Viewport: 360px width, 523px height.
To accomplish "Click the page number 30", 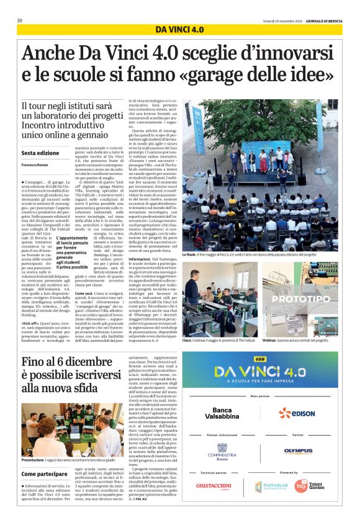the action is (x=20, y=21).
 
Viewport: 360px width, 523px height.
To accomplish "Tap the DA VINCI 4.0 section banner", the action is (x=179, y=29).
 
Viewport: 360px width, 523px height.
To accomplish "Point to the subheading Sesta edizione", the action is (x=40, y=153).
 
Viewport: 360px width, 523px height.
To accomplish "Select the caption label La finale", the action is (x=192, y=254).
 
